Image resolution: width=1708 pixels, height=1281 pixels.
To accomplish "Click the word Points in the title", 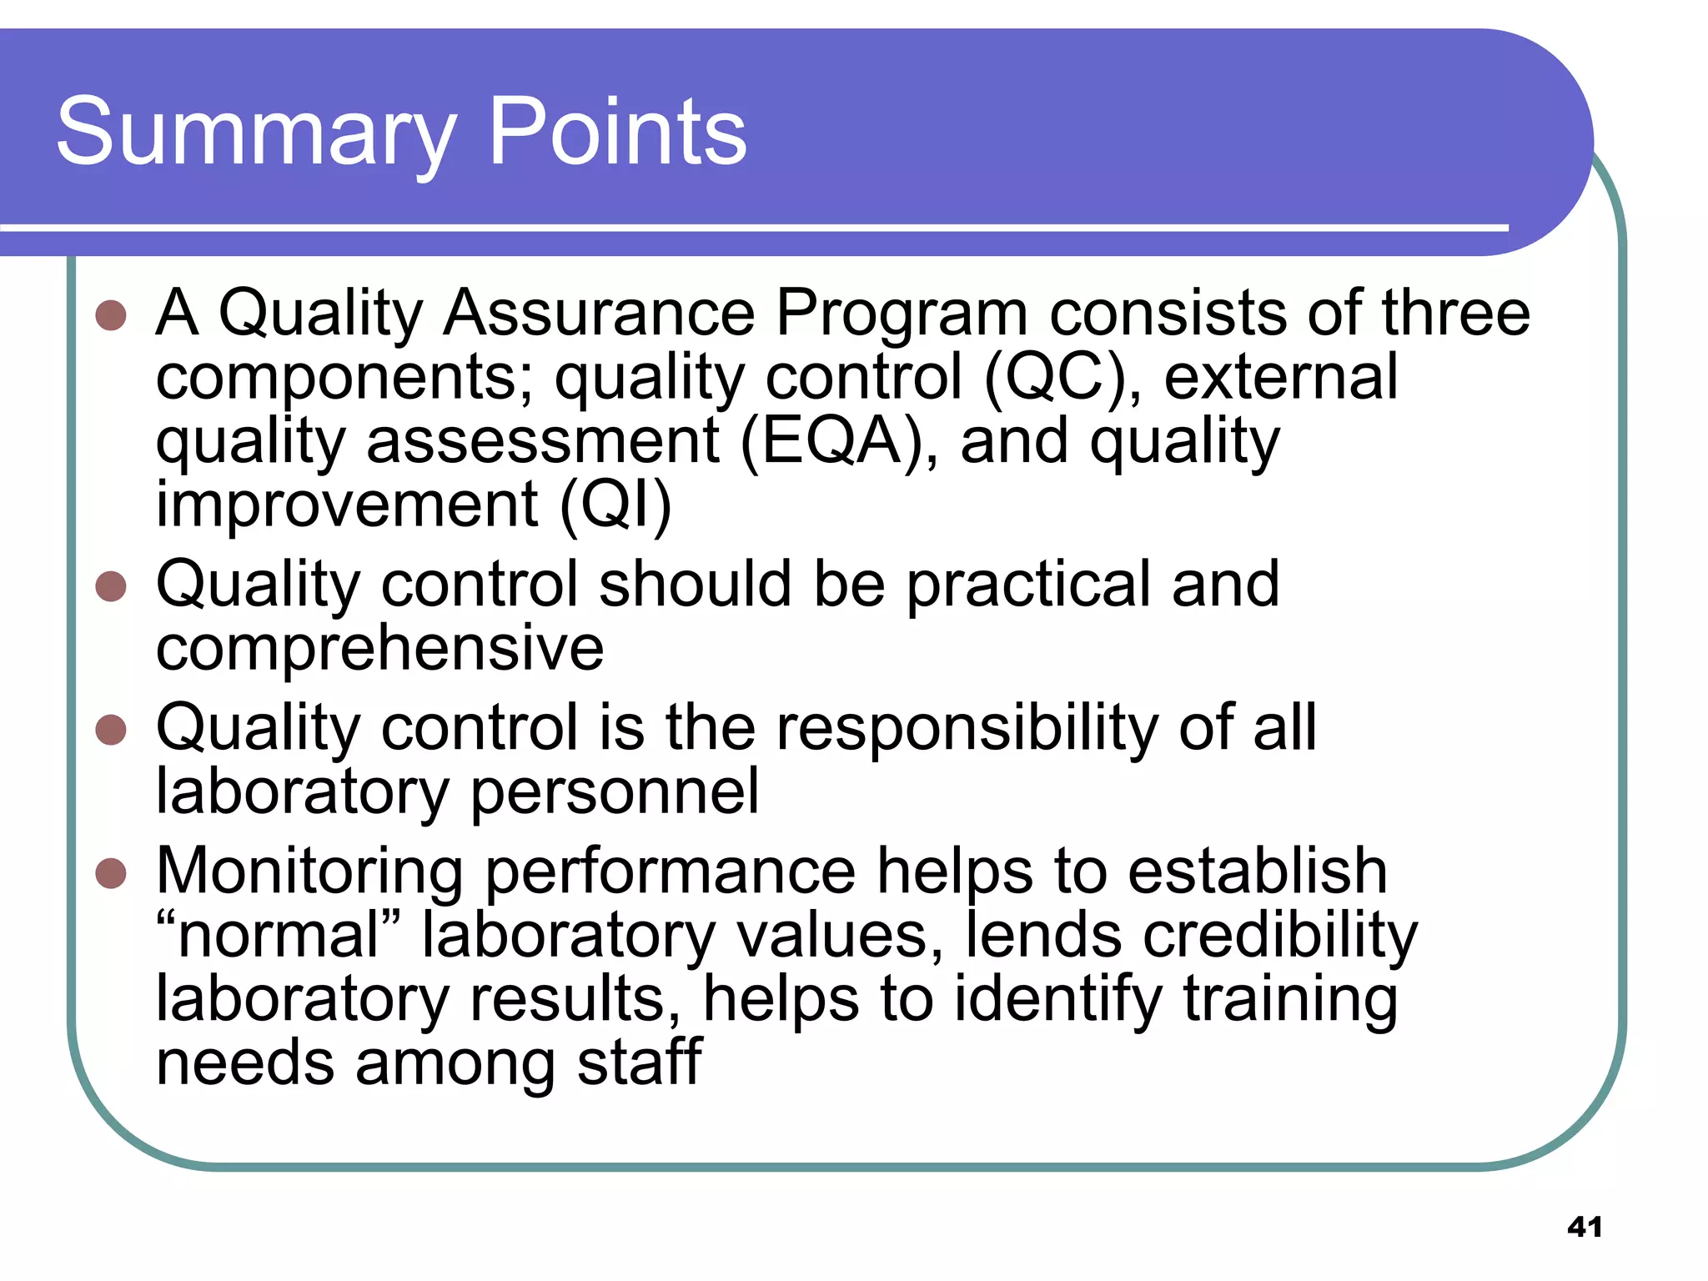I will (616, 132).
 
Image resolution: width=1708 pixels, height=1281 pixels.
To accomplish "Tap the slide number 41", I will (1585, 1227).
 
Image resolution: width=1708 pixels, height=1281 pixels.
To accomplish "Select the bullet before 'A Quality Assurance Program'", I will (111, 315).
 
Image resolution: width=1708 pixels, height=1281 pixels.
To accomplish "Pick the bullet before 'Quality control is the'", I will (111, 730).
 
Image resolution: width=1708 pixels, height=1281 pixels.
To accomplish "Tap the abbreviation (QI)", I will (615, 505).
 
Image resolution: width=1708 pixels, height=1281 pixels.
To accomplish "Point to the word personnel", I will (615, 793).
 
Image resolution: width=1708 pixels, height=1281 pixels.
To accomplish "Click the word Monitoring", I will (309, 872).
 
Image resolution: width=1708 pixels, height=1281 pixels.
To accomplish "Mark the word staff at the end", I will (640, 1062).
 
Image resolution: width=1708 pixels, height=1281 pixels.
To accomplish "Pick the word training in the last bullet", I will (1290, 1000).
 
